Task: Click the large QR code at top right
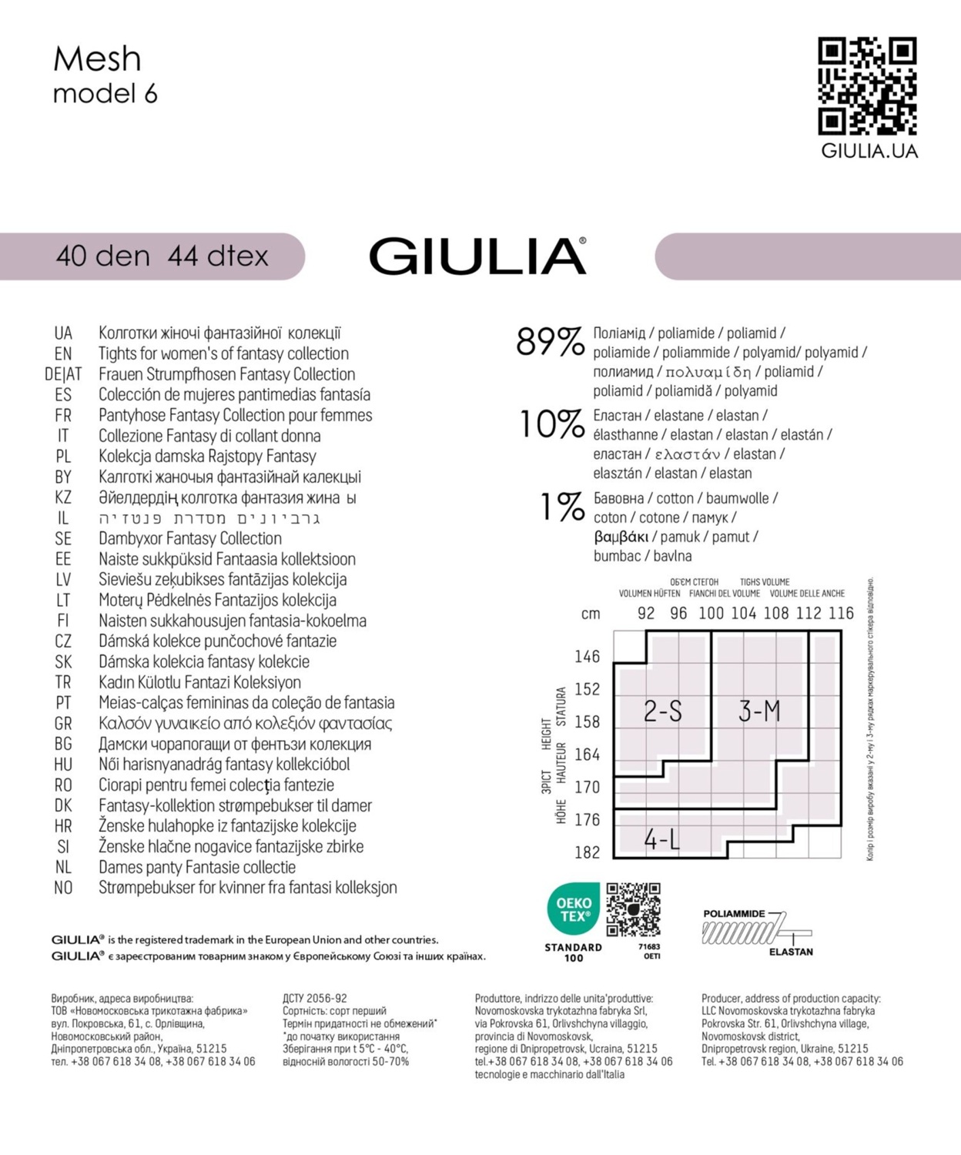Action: [x=867, y=85]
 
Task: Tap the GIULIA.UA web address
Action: [x=869, y=151]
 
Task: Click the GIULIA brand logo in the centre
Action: [x=477, y=256]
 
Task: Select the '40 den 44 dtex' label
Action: [x=162, y=256]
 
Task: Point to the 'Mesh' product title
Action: [x=97, y=59]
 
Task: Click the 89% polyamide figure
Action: [x=550, y=342]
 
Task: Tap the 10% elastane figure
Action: [x=551, y=424]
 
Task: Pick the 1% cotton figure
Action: [x=562, y=507]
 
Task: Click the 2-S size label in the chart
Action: [x=663, y=711]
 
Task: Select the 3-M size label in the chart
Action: [x=759, y=711]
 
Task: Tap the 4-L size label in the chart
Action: [x=662, y=839]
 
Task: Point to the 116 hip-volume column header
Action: [x=841, y=613]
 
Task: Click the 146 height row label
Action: [x=587, y=656]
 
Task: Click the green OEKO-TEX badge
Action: [x=574, y=909]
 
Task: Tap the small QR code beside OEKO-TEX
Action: [x=633, y=909]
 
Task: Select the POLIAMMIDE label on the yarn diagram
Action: [x=734, y=914]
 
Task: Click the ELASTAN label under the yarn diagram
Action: [x=791, y=952]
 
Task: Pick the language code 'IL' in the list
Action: [x=63, y=518]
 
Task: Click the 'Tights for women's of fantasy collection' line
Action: [x=223, y=353]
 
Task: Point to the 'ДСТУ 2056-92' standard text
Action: [x=315, y=999]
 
